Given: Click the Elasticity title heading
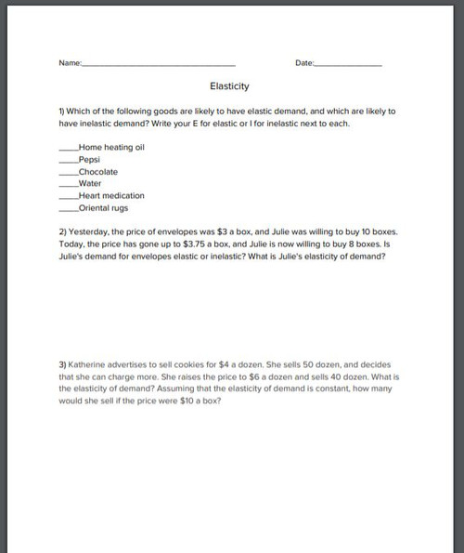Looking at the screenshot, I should [x=229, y=86].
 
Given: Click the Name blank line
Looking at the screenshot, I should [x=159, y=63].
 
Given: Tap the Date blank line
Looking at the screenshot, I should [x=349, y=63].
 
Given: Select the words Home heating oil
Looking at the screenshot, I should [x=112, y=147].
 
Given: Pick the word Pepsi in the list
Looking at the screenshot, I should [x=91, y=159].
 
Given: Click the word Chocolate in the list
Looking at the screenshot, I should [x=98, y=171].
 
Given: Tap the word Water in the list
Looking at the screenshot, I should [x=91, y=183].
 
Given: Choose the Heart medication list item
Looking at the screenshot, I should [x=111, y=195].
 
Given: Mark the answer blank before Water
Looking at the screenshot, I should [x=69, y=185].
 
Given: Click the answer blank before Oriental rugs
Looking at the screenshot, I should [x=69, y=209].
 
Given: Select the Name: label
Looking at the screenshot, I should [x=70, y=62].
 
